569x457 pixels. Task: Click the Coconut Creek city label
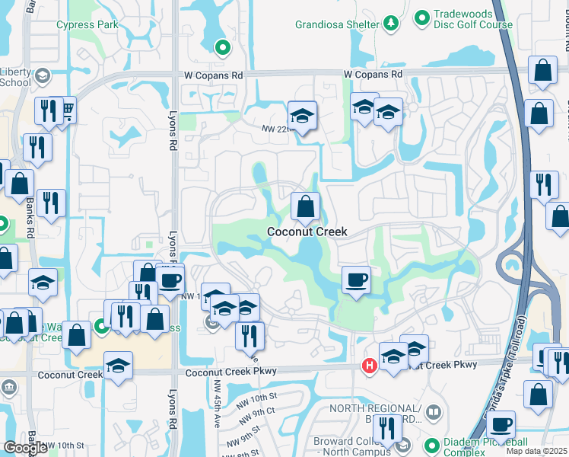tap(307, 232)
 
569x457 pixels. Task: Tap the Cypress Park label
tap(87, 24)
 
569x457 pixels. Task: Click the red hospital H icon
tap(370, 366)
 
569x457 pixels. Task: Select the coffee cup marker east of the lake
tap(356, 280)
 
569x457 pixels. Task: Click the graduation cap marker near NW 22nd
tap(302, 117)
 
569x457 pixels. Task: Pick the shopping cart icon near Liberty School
tap(68, 112)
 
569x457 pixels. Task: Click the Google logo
tap(25, 448)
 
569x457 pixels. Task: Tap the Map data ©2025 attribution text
tap(537, 452)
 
